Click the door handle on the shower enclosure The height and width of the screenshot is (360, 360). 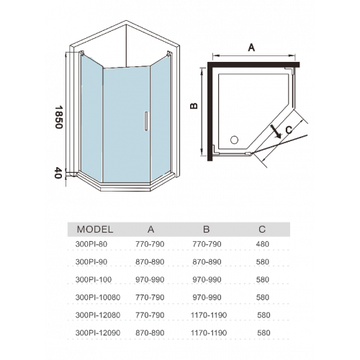pyautogui.click(x=146, y=121)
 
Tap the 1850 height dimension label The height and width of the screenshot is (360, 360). pyautogui.click(x=58, y=117)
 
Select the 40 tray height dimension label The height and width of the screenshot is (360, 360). pyautogui.click(x=58, y=173)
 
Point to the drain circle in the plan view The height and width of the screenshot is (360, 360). pyautogui.click(x=234, y=140)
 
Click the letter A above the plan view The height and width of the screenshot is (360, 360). pyautogui.click(x=251, y=48)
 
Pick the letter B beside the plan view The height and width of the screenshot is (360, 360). pyautogui.click(x=194, y=106)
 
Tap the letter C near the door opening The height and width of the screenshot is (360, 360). pyautogui.click(x=289, y=130)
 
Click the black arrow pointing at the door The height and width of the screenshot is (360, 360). pyautogui.click(x=275, y=132)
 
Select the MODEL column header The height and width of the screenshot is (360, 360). pyautogui.click(x=95, y=230)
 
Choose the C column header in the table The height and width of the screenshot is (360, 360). pyautogui.click(x=262, y=230)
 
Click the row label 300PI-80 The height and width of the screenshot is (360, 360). pyautogui.click(x=91, y=244)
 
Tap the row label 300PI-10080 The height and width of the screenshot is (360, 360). pyautogui.click(x=98, y=297)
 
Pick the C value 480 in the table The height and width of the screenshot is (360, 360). pyautogui.click(x=262, y=244)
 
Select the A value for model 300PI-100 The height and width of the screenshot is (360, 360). pyautogui.click(x=150, y=279)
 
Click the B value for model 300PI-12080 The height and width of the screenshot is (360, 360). pyautogui.click(x=209, y=315)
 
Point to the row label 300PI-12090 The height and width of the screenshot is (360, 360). pyautogui.click(x=98, y=333)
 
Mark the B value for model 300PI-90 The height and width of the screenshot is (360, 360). pyautogui.click(x=207, y=262)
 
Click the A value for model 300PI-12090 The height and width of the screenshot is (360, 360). pyautogui.click(x=150, y=333)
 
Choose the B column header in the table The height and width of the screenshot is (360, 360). pyautogui.click(x=207, y=230)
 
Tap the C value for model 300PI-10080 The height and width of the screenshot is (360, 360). pyautogui.click(x=262, y=297)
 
